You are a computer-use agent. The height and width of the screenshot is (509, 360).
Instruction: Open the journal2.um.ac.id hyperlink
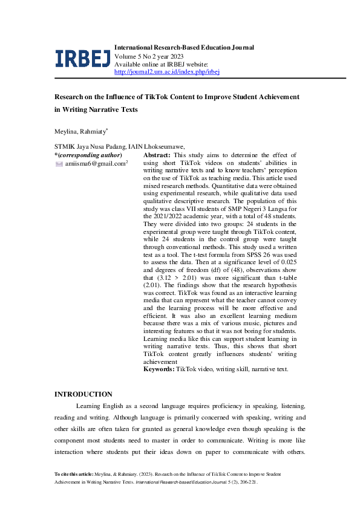click(166, 71)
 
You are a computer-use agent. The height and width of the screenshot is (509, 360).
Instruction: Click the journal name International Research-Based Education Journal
click(184, 47)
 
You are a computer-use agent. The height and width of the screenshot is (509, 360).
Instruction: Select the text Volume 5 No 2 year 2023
click(149, 56)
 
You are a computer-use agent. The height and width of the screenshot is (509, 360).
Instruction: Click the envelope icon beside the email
click(59, 164)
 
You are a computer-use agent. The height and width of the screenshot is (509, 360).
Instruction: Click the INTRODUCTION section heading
click(83, 394)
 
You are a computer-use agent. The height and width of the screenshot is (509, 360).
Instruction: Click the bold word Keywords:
click(159, 368)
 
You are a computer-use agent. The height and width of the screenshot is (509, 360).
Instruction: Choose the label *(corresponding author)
click(88, 155)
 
